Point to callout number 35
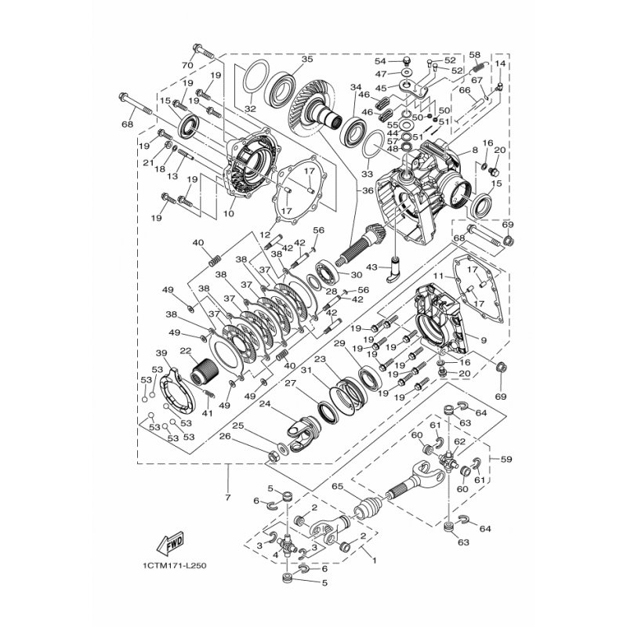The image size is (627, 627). [306, 59]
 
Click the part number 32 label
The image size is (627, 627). [250, 108]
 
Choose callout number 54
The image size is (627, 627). [379, 60]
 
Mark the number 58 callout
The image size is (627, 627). [474, 54]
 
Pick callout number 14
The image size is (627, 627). [500, 63]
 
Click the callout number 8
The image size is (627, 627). [474, 149]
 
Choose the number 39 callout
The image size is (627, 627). [161, 353]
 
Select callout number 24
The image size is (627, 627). [264, 405]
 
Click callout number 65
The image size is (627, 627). [339, 487]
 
